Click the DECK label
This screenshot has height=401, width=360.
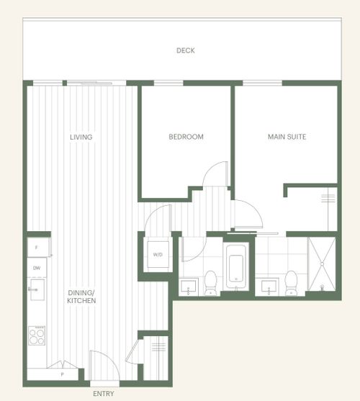[x=186, y=50]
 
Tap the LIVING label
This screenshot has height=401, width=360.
[x=81, y=137]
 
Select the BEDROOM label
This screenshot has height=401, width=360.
[x=186, y=137]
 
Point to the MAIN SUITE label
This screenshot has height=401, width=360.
[x=287, y=137]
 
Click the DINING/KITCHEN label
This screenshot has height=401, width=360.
[x=81, y=297]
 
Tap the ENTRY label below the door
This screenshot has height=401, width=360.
[x=104, y=394]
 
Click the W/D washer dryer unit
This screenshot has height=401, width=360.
[x=158, y=254]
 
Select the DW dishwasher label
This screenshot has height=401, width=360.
[x=37, y=268]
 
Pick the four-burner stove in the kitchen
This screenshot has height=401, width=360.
[x=37, y=335]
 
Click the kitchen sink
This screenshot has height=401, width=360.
[x=37, y=289]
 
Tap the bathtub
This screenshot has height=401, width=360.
[x=236, y=266]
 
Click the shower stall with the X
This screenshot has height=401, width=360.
[x=322, y=264]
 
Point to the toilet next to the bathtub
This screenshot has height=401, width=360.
[x=211, y=283]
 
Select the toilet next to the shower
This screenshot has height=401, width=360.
[x=291, y=283]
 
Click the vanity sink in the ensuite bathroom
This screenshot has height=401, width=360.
[x=269, y=287]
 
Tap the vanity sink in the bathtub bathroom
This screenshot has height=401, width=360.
[x=189, y=287]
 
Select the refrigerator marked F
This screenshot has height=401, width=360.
[x=38, y=248]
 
